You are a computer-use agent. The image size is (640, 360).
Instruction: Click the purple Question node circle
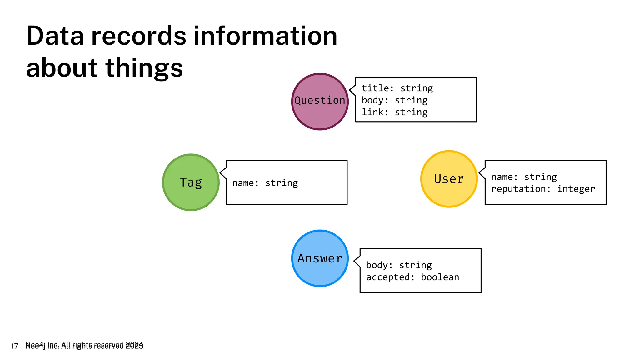tap(320, 102)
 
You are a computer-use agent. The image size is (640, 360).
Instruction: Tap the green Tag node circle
tap(191, 182)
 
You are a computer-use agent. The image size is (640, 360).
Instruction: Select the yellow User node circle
tap(449, 179)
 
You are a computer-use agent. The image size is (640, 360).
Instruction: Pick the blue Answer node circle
tap(320, 258)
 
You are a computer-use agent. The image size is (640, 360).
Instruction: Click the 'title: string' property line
tap(397, 88)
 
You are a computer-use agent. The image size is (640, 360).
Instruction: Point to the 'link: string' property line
tap(394, 112)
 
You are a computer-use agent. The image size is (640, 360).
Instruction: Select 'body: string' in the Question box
tap(394, 100)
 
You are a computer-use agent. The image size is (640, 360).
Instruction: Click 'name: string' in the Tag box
tap(265, 183)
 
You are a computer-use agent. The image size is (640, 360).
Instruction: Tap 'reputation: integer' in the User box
tap(543, 189)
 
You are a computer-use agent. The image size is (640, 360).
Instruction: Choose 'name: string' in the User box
tap(524, 177)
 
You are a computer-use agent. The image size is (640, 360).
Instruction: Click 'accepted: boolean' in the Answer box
tap(412, 277)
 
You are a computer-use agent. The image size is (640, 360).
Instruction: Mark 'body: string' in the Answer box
tap(399, 265)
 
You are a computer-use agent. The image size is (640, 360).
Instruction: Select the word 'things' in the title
tap(144, 68)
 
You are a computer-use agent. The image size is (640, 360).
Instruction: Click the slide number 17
tap(14, 346)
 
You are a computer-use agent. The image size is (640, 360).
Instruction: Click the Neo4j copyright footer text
tap(84, 345)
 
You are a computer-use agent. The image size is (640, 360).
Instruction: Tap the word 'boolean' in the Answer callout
tap(440, 277)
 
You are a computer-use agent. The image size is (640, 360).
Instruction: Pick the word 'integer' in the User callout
tap(576, 189)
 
